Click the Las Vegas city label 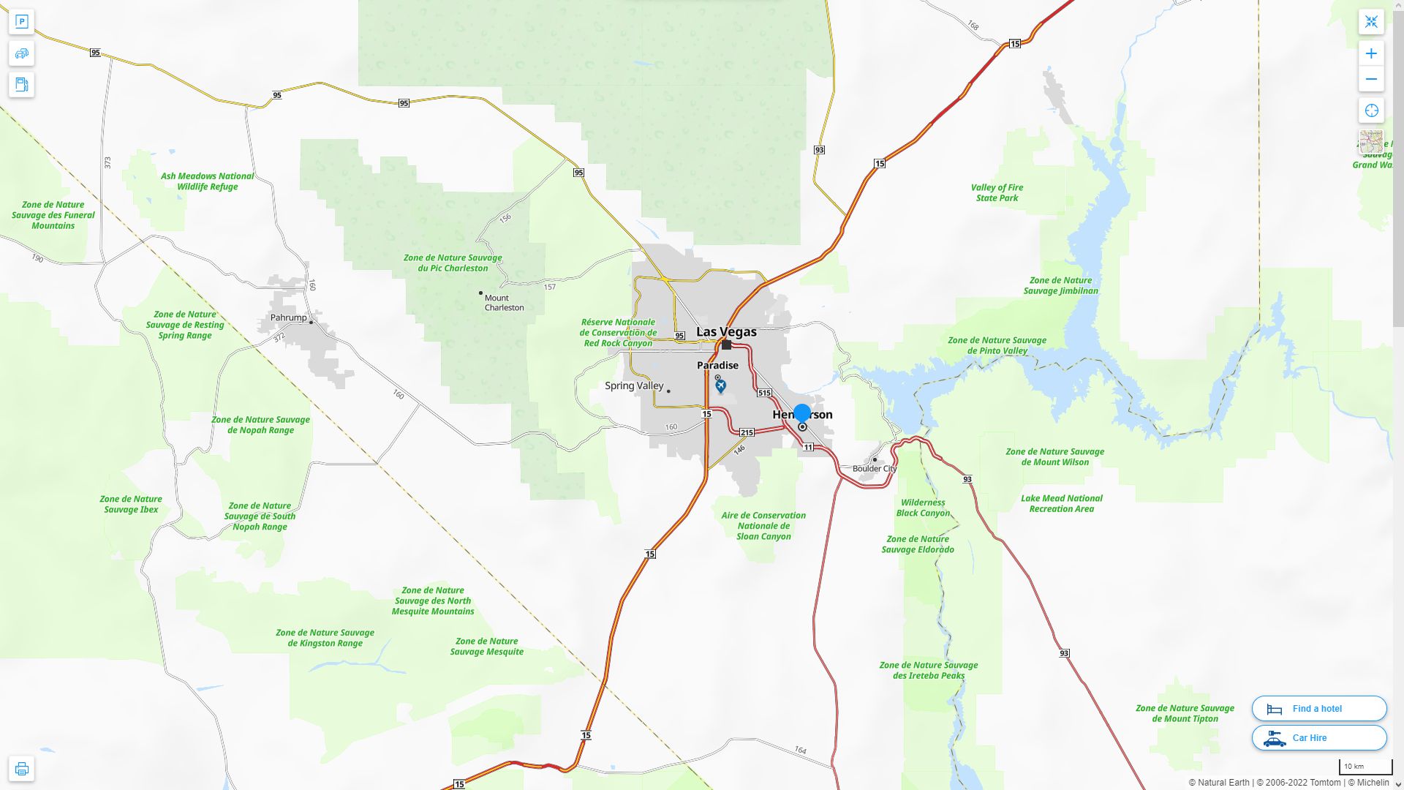[726, 332]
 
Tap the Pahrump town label [289, 318]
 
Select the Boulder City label [874, 469]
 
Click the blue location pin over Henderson [802, 413]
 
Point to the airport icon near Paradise [721, 385]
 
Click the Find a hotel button [1318, 709]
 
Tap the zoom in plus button [1371, 53]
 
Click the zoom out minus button [1371, 79]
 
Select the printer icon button [22, 769]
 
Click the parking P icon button [22, 22]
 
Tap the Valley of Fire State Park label [997, 193]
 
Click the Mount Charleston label [504, 303]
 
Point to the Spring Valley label [634, 386]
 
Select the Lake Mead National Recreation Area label [1061, 504]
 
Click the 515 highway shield [764, 394]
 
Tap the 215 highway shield [747, 433]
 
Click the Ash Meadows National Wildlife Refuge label [207, 181]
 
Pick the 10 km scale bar [1365, 767]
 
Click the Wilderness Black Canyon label [923, 508]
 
